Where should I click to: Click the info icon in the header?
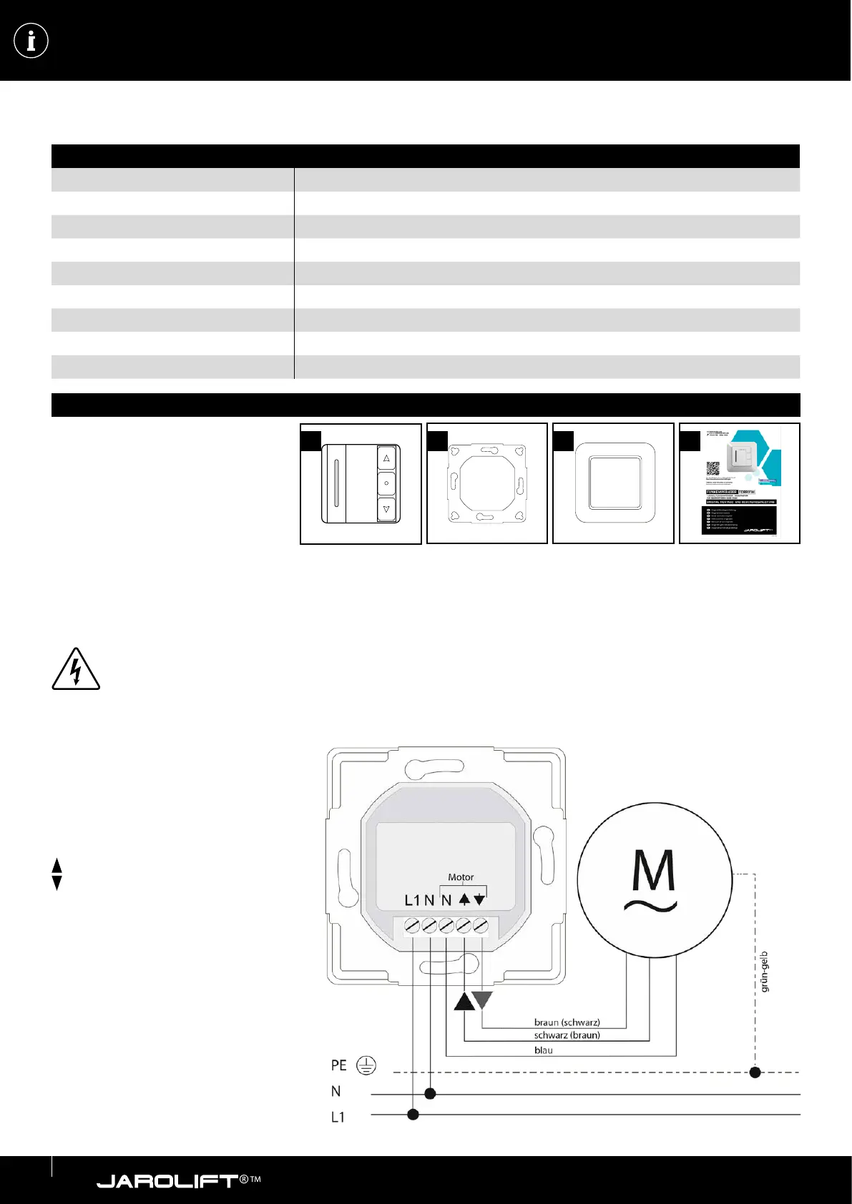coord(31,41)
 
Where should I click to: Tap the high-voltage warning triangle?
coord(75,670)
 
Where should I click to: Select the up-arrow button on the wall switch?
coord(386,458)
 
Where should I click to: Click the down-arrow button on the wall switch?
coord(386,509)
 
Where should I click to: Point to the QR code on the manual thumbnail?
coord(713,469)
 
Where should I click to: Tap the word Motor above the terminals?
coord(461,877)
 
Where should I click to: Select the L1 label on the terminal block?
coord(412,901)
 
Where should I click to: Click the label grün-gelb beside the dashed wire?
coord(764,971)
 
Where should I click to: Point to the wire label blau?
coord(544,1050)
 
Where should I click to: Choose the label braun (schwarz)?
coord(567,1022)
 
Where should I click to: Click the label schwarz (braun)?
coord(567,1035)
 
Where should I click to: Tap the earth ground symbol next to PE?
coord(366,1066)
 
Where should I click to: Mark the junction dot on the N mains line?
coord(430,1094)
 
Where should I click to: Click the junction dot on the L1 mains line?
coord(413,1115)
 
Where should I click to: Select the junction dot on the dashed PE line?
coord(755,1072)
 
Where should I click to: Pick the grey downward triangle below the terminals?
coord(484,1000)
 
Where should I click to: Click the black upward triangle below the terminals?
coord(464,1002)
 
